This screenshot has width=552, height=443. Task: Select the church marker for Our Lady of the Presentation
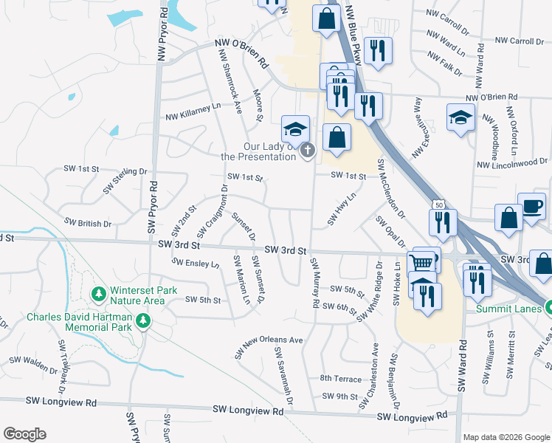308,151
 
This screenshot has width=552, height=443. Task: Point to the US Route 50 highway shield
439,204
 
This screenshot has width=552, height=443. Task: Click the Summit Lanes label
510,308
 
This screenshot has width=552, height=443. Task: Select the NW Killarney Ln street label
193,111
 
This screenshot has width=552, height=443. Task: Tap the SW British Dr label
87,222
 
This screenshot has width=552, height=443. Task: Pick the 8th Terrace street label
340,378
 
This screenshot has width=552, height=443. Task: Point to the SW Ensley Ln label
196,264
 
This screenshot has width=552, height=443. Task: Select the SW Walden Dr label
33,364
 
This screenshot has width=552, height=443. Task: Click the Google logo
24,434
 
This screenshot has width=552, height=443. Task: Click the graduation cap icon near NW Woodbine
460,118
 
